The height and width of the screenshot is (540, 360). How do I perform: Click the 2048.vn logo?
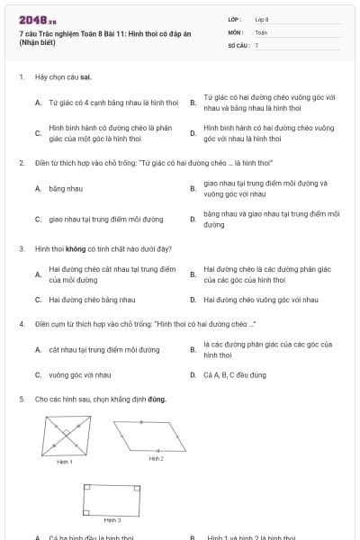(x=31, y=19)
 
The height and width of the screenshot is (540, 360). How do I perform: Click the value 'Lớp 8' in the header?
(x=262, y=19)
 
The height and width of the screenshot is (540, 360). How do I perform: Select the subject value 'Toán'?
(x=261, y=31)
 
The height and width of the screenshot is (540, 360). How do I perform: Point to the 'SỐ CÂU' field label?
(x=238, y=45)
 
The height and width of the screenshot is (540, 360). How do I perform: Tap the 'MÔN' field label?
(x=235, y=31)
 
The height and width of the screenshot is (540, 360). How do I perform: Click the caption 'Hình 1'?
(x=65, y=462)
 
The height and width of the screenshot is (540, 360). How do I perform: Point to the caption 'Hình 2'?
(x=156, y=458)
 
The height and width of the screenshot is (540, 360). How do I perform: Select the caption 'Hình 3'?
(x=112, y=520)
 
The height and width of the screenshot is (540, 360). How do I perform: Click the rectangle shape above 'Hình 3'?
(x=112, y=499)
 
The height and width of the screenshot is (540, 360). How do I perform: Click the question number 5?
(x=21, y=398)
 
